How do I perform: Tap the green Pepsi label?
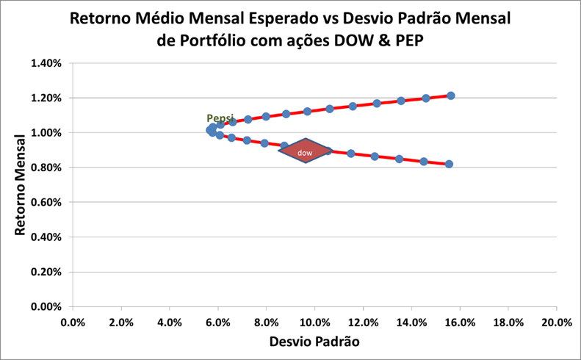(220, 119)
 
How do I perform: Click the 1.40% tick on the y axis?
(46, 63)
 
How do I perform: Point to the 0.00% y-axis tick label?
(46, 306)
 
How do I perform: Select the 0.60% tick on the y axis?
(46, 202)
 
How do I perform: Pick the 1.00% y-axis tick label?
(46, 133)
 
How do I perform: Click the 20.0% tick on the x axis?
(555, 322)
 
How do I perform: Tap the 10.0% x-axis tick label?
(314, 322)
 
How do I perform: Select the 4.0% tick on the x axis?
(169, 322)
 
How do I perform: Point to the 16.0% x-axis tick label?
(459, 322)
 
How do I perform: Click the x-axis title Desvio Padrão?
(314, 342)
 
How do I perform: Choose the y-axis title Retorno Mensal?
(21, 184)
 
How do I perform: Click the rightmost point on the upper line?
(451, 96)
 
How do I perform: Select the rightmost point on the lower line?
(449, 164)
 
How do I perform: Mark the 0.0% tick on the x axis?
(73, 322)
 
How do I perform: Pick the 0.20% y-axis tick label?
(46, 272)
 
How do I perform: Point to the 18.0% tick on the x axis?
(508, 322)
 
